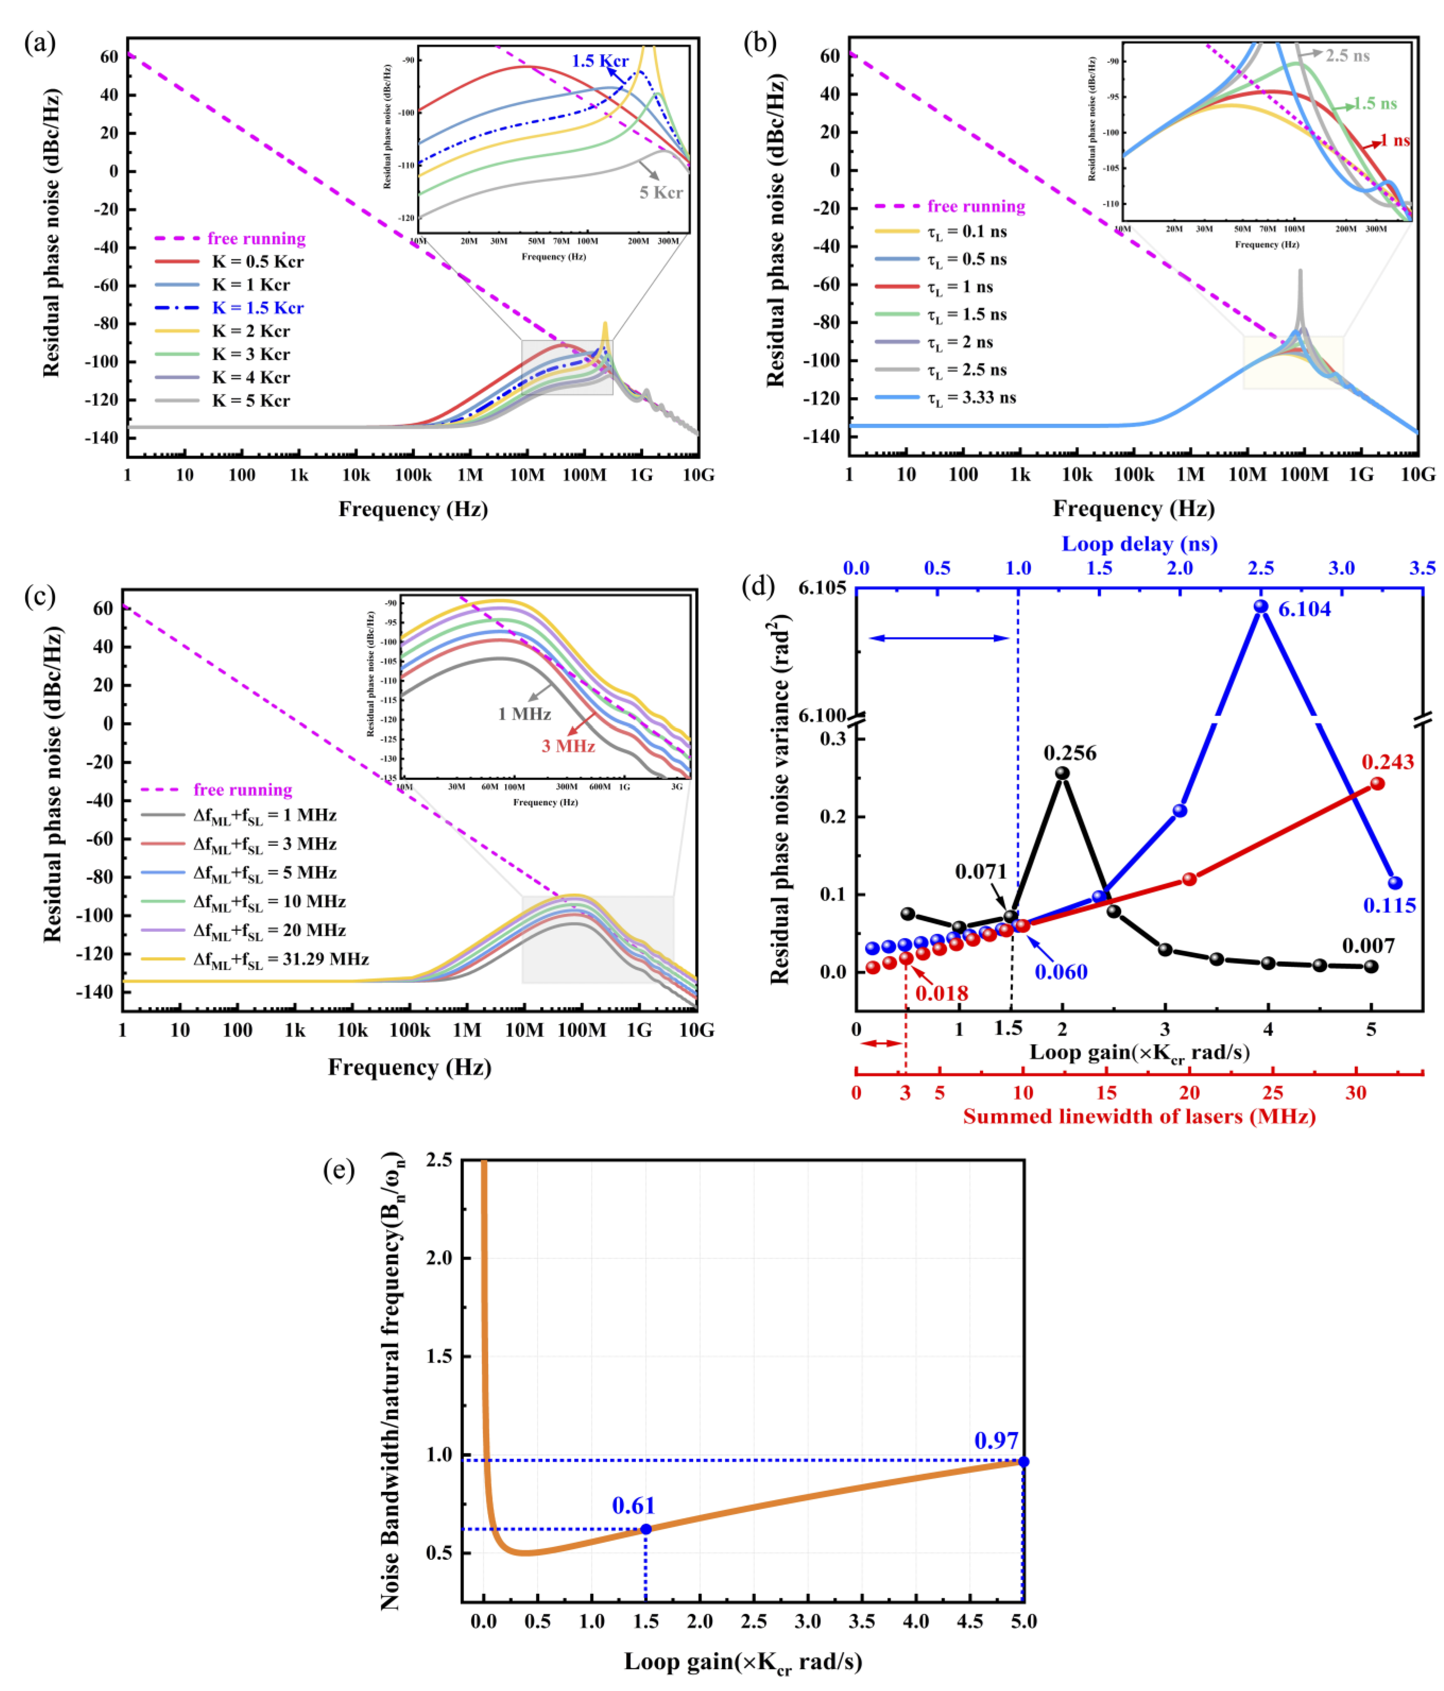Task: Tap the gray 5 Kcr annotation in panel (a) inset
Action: coord(660,192)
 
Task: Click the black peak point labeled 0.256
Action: coord(1062,773)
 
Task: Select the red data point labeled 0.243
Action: coord(1377,784)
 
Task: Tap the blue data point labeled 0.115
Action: coord(1395,883)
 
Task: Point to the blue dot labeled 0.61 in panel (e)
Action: coord(646,1529)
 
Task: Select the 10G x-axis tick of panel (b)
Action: coord(1418,474)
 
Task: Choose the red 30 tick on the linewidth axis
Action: coord(1356,1093)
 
